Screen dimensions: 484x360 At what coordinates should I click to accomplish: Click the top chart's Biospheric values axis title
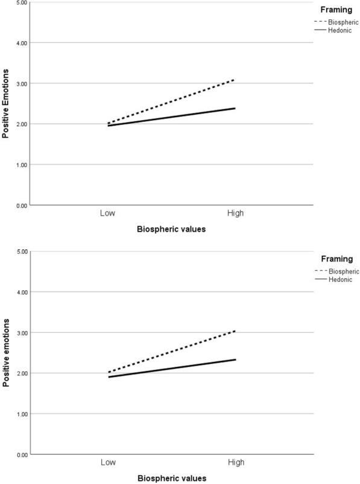coord(171,230)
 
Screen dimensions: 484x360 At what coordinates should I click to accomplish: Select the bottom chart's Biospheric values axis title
coord(171,478)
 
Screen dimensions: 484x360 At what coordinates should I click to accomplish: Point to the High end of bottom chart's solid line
coord(235,360)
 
